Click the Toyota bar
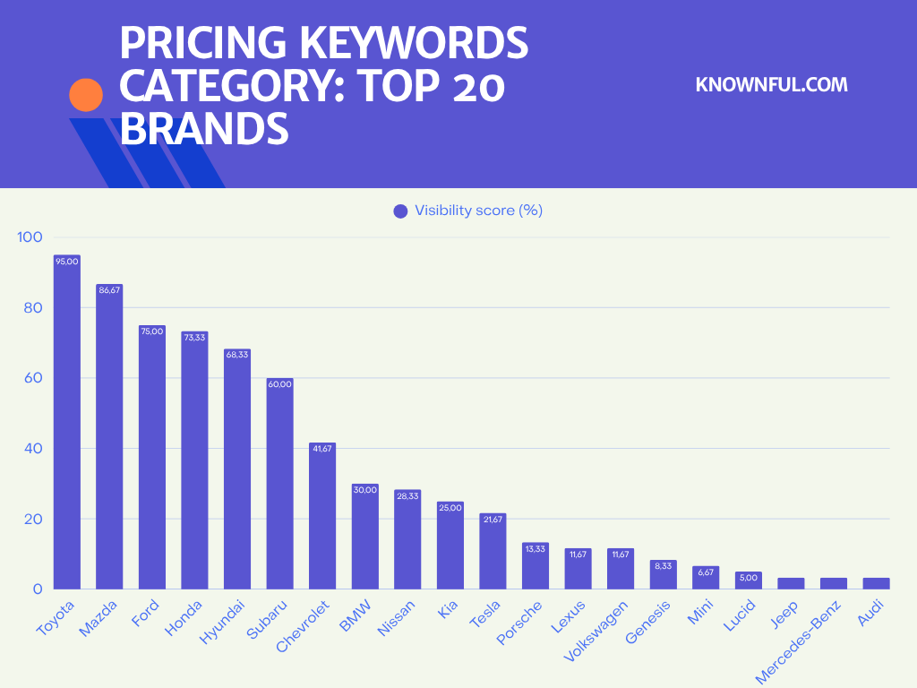tap(67, 421)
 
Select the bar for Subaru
tap(280, 484)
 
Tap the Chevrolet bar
tap(323, 516)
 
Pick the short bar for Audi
tap(876, 583)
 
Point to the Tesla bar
tap(493, 551)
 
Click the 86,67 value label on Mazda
tap(109, 290)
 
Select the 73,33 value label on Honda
tap(194, 337)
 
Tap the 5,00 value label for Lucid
tap(749, 578)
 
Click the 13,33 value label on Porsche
tap(536, 548)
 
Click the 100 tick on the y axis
tap(30, 237)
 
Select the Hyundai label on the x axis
tap(220, 621)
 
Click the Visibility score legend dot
tap(400, 211)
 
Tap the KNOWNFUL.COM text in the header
tap(771, 85)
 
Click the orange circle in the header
tap(86, 95)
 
